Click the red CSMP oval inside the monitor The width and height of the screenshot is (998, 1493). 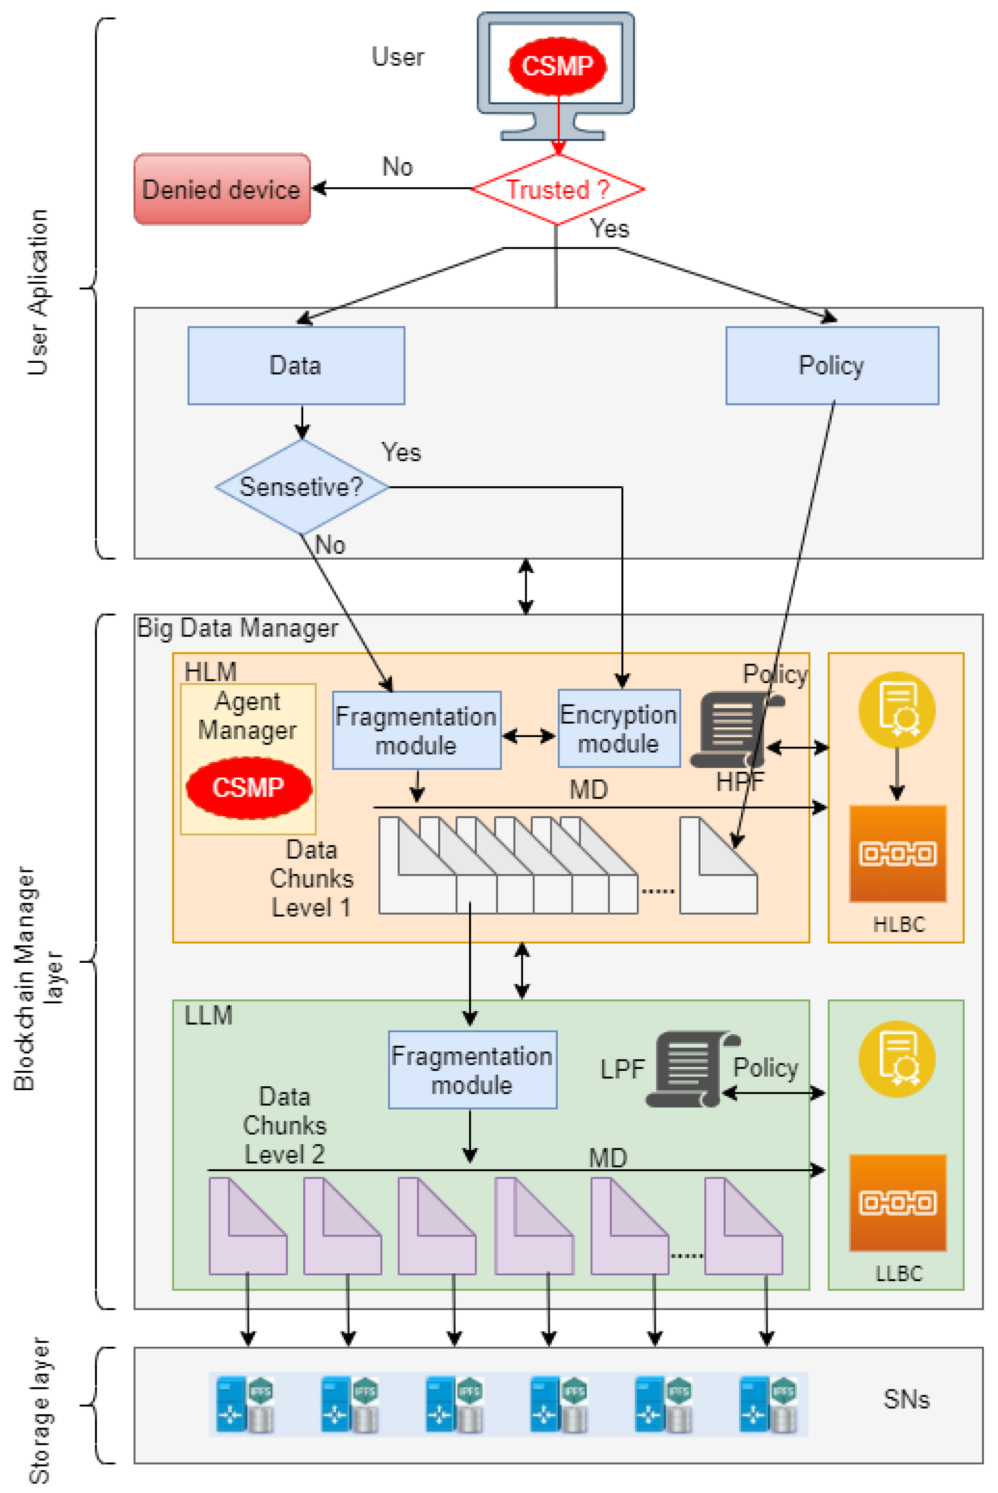click(557, 65)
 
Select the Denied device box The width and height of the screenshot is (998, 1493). click(222, 189)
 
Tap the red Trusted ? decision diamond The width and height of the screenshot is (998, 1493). click(557, 189)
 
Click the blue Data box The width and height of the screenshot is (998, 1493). click(296, 365)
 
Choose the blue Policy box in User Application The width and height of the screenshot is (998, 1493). click(832, 365)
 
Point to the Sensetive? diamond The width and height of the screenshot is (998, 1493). click(302, 487)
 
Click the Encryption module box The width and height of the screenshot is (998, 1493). click(619, 729)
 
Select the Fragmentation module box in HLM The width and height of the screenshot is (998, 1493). click(416, 730)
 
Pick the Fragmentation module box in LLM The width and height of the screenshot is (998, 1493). click(472, 1070)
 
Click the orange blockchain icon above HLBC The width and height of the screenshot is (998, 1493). click(897, 853)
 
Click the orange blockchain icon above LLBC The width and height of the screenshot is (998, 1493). click(897, 1203)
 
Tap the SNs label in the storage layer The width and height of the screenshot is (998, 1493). click(906, 1399)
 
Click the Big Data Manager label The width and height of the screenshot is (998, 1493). click(237, 628)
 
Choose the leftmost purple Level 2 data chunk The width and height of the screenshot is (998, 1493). click(248, 1225)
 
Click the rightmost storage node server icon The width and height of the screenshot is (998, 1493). click(768, 1404)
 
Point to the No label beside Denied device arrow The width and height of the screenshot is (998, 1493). click(398, 167)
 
